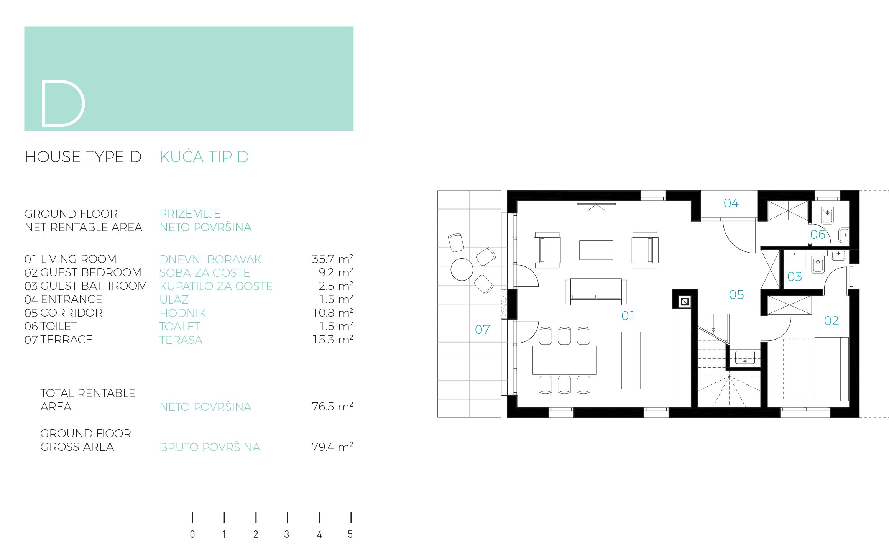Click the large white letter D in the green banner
pyautogui.click(x=43, y=103)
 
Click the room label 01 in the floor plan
pyautogui.click(x=628, y=316)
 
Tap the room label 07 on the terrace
pyautogui.click(x=482, y=330)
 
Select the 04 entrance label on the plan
pyautogui.click(x=731, y=203)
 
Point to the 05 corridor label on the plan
pyautogui.click(x=736, y=295)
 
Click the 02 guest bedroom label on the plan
pyautogui.click(x=831, y=321)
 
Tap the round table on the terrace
pyautogui.click(x=462, y=269)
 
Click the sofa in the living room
pyautogui.click(x=596, y=292)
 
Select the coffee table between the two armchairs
pyautogui.click(x=596, y=250)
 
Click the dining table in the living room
pyautogui.click(x=564, y=360)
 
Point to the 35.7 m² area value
pyautogui.click(x=332, y=259)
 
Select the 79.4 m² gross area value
pyautogui.click(x=332, y=447)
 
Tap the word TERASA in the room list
pyautogui.click(x=181, y=340)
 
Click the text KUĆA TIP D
pyautogui.click(x=204, y=156)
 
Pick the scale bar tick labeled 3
pyautogui.click(x=287, y=518)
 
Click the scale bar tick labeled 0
pyautogui.click(x=192, y=518)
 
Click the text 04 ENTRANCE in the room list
pyautogui.click(x=63, y=299)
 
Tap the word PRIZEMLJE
pyautogui.click(x=190, y=213)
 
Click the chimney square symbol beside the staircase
pyautogui.click(x=684, y=302)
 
